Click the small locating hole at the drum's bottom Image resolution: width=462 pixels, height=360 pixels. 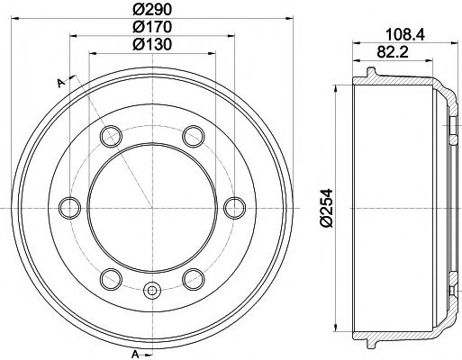pyautogui.click(x=151, y=291)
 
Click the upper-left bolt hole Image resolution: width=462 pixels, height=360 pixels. pyautogui.click(x=111, y=137)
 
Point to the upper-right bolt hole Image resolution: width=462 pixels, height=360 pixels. pyautogui.click(x=192, y=137)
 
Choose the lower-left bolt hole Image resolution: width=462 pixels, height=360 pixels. pyautogui.click(x=111, y=277)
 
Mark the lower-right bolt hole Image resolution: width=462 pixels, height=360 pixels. pyautogui.click(x=192, y=277)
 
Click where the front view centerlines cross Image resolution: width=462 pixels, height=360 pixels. pyautogui.click(x=151, y=207)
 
